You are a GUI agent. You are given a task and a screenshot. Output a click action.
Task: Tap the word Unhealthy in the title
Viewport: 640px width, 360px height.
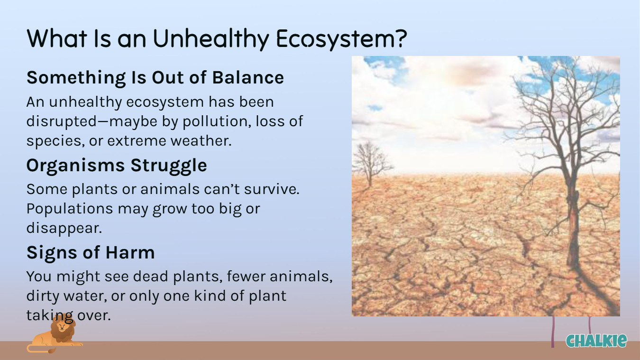(x=211, y=38)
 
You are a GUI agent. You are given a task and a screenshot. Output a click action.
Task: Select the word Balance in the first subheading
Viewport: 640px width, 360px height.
(x=248, y=77)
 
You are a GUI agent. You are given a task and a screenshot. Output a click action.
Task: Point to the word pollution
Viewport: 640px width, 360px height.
(x=217, y=121)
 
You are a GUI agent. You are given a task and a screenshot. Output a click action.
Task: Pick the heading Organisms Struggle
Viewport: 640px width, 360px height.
(x=117, y=165)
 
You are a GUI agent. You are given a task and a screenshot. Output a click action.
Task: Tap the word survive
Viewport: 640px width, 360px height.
(x=272, y=189)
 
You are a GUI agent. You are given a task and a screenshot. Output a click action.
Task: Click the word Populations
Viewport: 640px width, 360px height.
(x=70, y=209)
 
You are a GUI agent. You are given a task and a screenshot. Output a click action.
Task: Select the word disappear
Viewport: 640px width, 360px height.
(x=64, y=228)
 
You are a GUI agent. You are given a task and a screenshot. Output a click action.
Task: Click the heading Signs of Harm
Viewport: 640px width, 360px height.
(x=91, y=252)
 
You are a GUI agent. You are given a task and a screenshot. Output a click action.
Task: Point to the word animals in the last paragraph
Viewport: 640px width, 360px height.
(x=301, y=276)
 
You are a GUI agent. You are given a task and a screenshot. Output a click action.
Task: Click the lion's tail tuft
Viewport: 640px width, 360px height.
(x=53, y=351)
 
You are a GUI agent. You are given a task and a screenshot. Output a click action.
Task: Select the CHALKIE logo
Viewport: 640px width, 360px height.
(x=596, y=341)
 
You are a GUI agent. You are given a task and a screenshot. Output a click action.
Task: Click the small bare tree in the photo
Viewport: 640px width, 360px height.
(x=370, y=163)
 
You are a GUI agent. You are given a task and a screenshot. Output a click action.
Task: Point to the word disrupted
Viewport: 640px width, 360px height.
(x=62, y=121)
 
